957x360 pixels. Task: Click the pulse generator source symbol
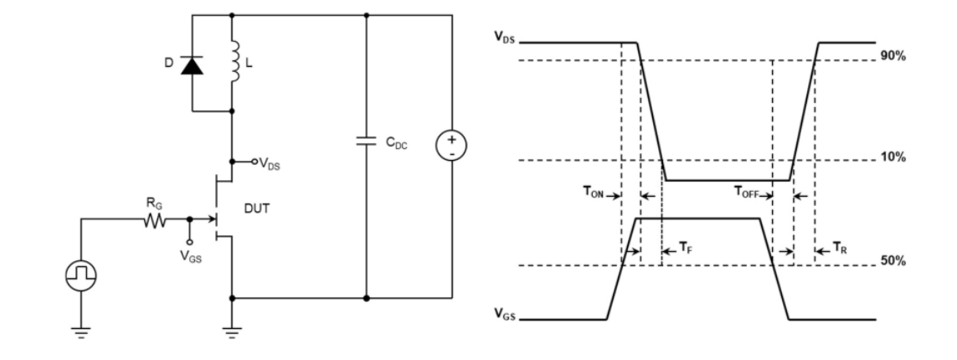[x=83, y=274]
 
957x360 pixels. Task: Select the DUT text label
[x=255, y=213]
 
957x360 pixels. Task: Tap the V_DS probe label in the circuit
[x=268, y=165]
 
